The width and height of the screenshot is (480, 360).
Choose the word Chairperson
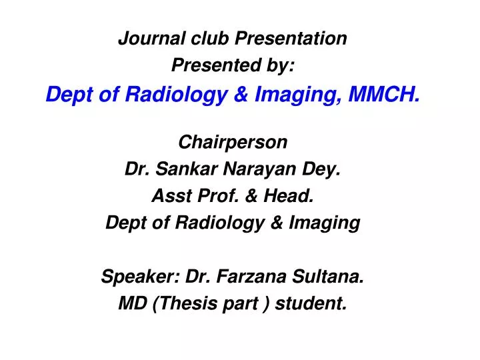point(233,142)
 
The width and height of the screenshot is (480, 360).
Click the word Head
point(294,196)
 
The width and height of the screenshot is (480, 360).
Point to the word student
point(311,304)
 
